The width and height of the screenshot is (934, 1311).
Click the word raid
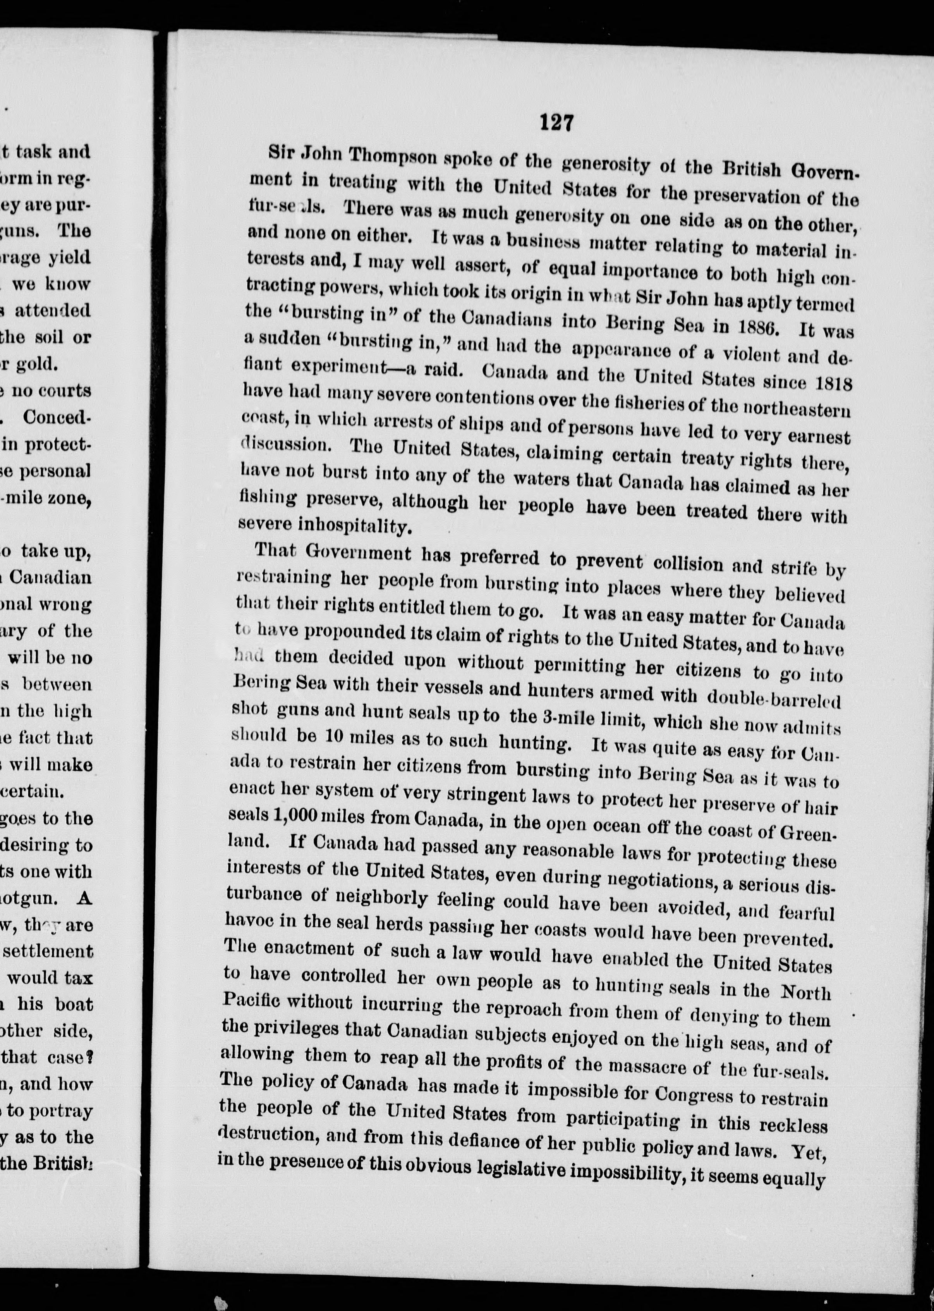pos(442,368)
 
